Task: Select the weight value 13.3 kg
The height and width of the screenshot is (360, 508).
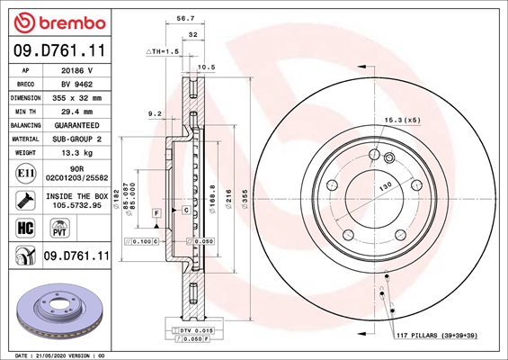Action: point(76,153)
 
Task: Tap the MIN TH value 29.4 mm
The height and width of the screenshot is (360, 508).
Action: point(76,112)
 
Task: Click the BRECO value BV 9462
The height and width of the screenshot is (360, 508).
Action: point(76,85)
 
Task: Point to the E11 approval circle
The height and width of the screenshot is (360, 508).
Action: point(25,173)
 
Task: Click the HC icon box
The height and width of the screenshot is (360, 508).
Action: point(25,228)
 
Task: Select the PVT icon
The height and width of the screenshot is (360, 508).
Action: point(60,228)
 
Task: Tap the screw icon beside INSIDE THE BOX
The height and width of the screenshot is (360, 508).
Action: point(25,201)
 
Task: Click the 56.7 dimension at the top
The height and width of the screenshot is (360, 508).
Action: point(185,19)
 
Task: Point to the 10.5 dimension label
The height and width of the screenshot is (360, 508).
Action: point(207,67)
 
